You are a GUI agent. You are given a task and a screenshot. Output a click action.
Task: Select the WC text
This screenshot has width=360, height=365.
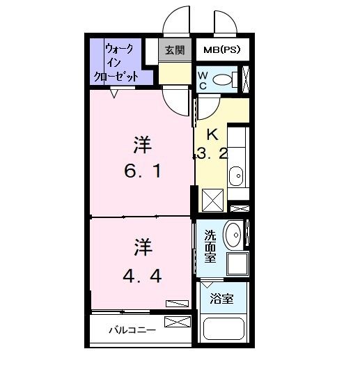coord(203,79)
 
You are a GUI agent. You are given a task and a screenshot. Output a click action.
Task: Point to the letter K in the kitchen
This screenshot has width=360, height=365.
coord(212,134)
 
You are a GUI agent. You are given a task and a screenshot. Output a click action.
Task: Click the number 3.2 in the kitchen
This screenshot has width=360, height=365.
coord(212,154)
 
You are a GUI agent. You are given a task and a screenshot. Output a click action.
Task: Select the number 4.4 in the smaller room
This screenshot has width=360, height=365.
coord(143,276)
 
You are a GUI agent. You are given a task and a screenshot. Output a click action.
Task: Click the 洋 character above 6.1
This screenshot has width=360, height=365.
coord(143,145)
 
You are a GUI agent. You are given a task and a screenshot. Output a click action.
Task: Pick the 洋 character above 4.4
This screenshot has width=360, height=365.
coord(143,247)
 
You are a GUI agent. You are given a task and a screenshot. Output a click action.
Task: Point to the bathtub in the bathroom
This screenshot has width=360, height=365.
coord(224,332)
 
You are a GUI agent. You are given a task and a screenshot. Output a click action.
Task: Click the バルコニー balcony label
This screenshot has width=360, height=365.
coord(132,330)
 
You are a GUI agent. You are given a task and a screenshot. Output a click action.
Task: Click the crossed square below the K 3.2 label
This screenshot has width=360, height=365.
coord(213,199)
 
